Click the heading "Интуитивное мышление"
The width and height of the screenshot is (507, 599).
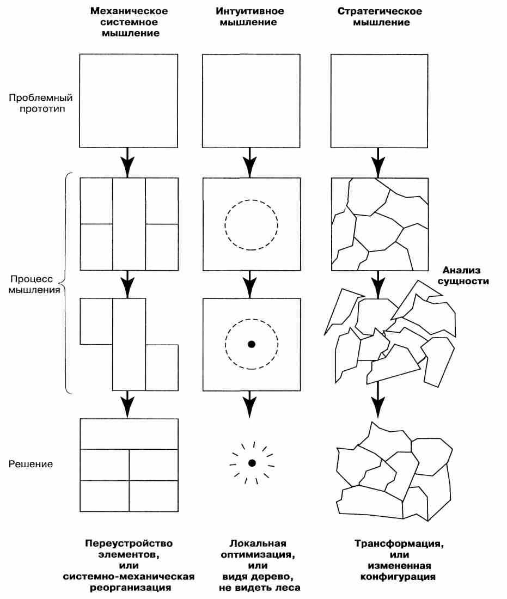coord(250,16)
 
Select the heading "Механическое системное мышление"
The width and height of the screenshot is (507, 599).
coord(129,22)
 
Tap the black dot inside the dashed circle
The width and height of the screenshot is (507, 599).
coord(251,344)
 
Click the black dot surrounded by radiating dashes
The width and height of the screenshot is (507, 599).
coord(252,463)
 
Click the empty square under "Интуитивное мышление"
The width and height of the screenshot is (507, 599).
coord(251,101)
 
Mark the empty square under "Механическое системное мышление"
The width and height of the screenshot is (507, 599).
coord(129,101)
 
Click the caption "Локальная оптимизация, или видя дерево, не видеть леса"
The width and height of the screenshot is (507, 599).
coord(258,565)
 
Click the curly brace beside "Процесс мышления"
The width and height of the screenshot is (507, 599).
coord(65,283)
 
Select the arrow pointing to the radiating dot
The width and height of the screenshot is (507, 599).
coord(250,405)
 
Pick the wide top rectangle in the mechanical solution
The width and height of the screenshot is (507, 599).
coord(129,433)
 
